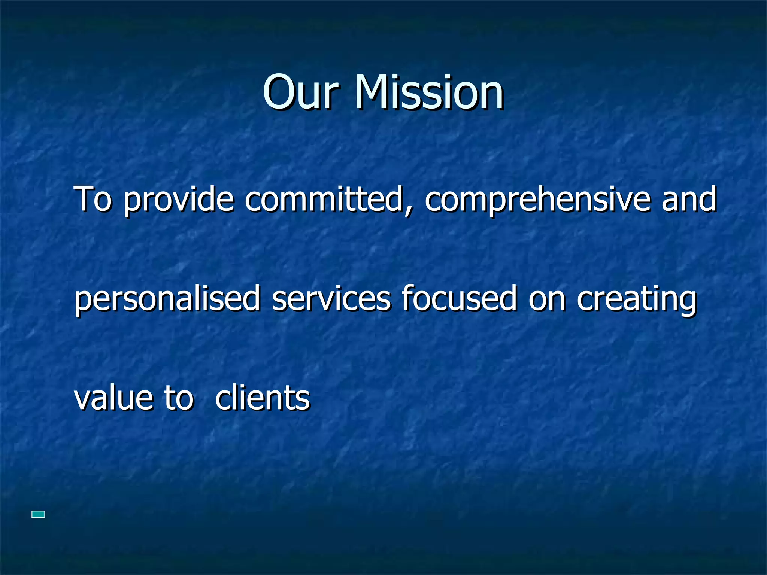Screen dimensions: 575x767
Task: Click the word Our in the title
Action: pyautogui.click(x=301, y=92)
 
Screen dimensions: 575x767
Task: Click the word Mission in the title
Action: pyautogui.click(x=429, y=92)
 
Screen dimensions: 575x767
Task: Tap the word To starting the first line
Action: pyautogui.click(x=93, y=199)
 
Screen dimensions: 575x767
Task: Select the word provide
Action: pyautogui.click(x=179, y=201)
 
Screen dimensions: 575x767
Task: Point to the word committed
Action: pyautogui.click(x=324, y=199)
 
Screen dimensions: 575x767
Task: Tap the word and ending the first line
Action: pyautogui.click(x=689, y=199)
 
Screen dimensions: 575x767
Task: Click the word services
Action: pyautogui.click(x=331, y=298)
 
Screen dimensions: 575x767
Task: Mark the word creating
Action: pyautogui.click(x=637, y=299)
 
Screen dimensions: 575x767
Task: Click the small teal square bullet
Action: pyautogui.click(x=39, y=514)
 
